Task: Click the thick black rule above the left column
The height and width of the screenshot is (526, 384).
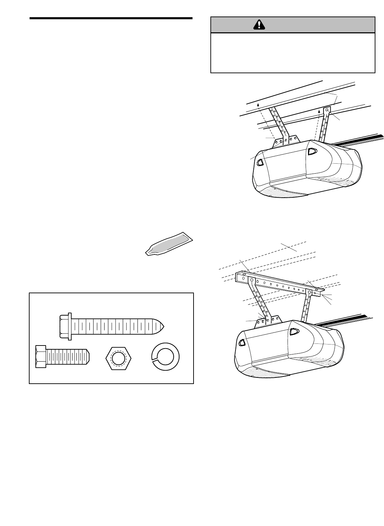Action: point(111,18)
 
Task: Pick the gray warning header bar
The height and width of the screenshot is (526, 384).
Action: point(292,24)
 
